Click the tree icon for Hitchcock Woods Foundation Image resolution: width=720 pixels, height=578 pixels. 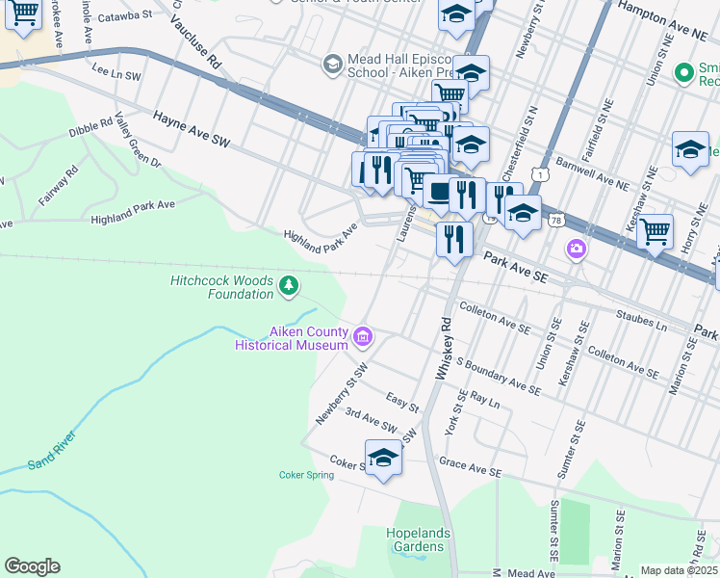tap(288, 285)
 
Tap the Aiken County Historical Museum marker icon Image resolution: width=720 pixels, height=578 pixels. tap(363, 337)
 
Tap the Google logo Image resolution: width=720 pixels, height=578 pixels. tap(32, 566)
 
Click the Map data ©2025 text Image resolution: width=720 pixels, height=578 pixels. tap(679, 570)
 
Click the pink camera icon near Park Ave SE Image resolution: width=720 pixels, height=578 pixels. tap(577, 250)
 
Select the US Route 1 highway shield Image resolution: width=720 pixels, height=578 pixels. tap(545, 174)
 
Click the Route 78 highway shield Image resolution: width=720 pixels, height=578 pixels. tap(556, 221)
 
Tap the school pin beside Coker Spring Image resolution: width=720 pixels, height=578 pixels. tap(383, 459)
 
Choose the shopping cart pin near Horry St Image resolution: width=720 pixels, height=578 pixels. tap(655, 231)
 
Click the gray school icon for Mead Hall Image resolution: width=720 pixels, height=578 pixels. tap(332, 64)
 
